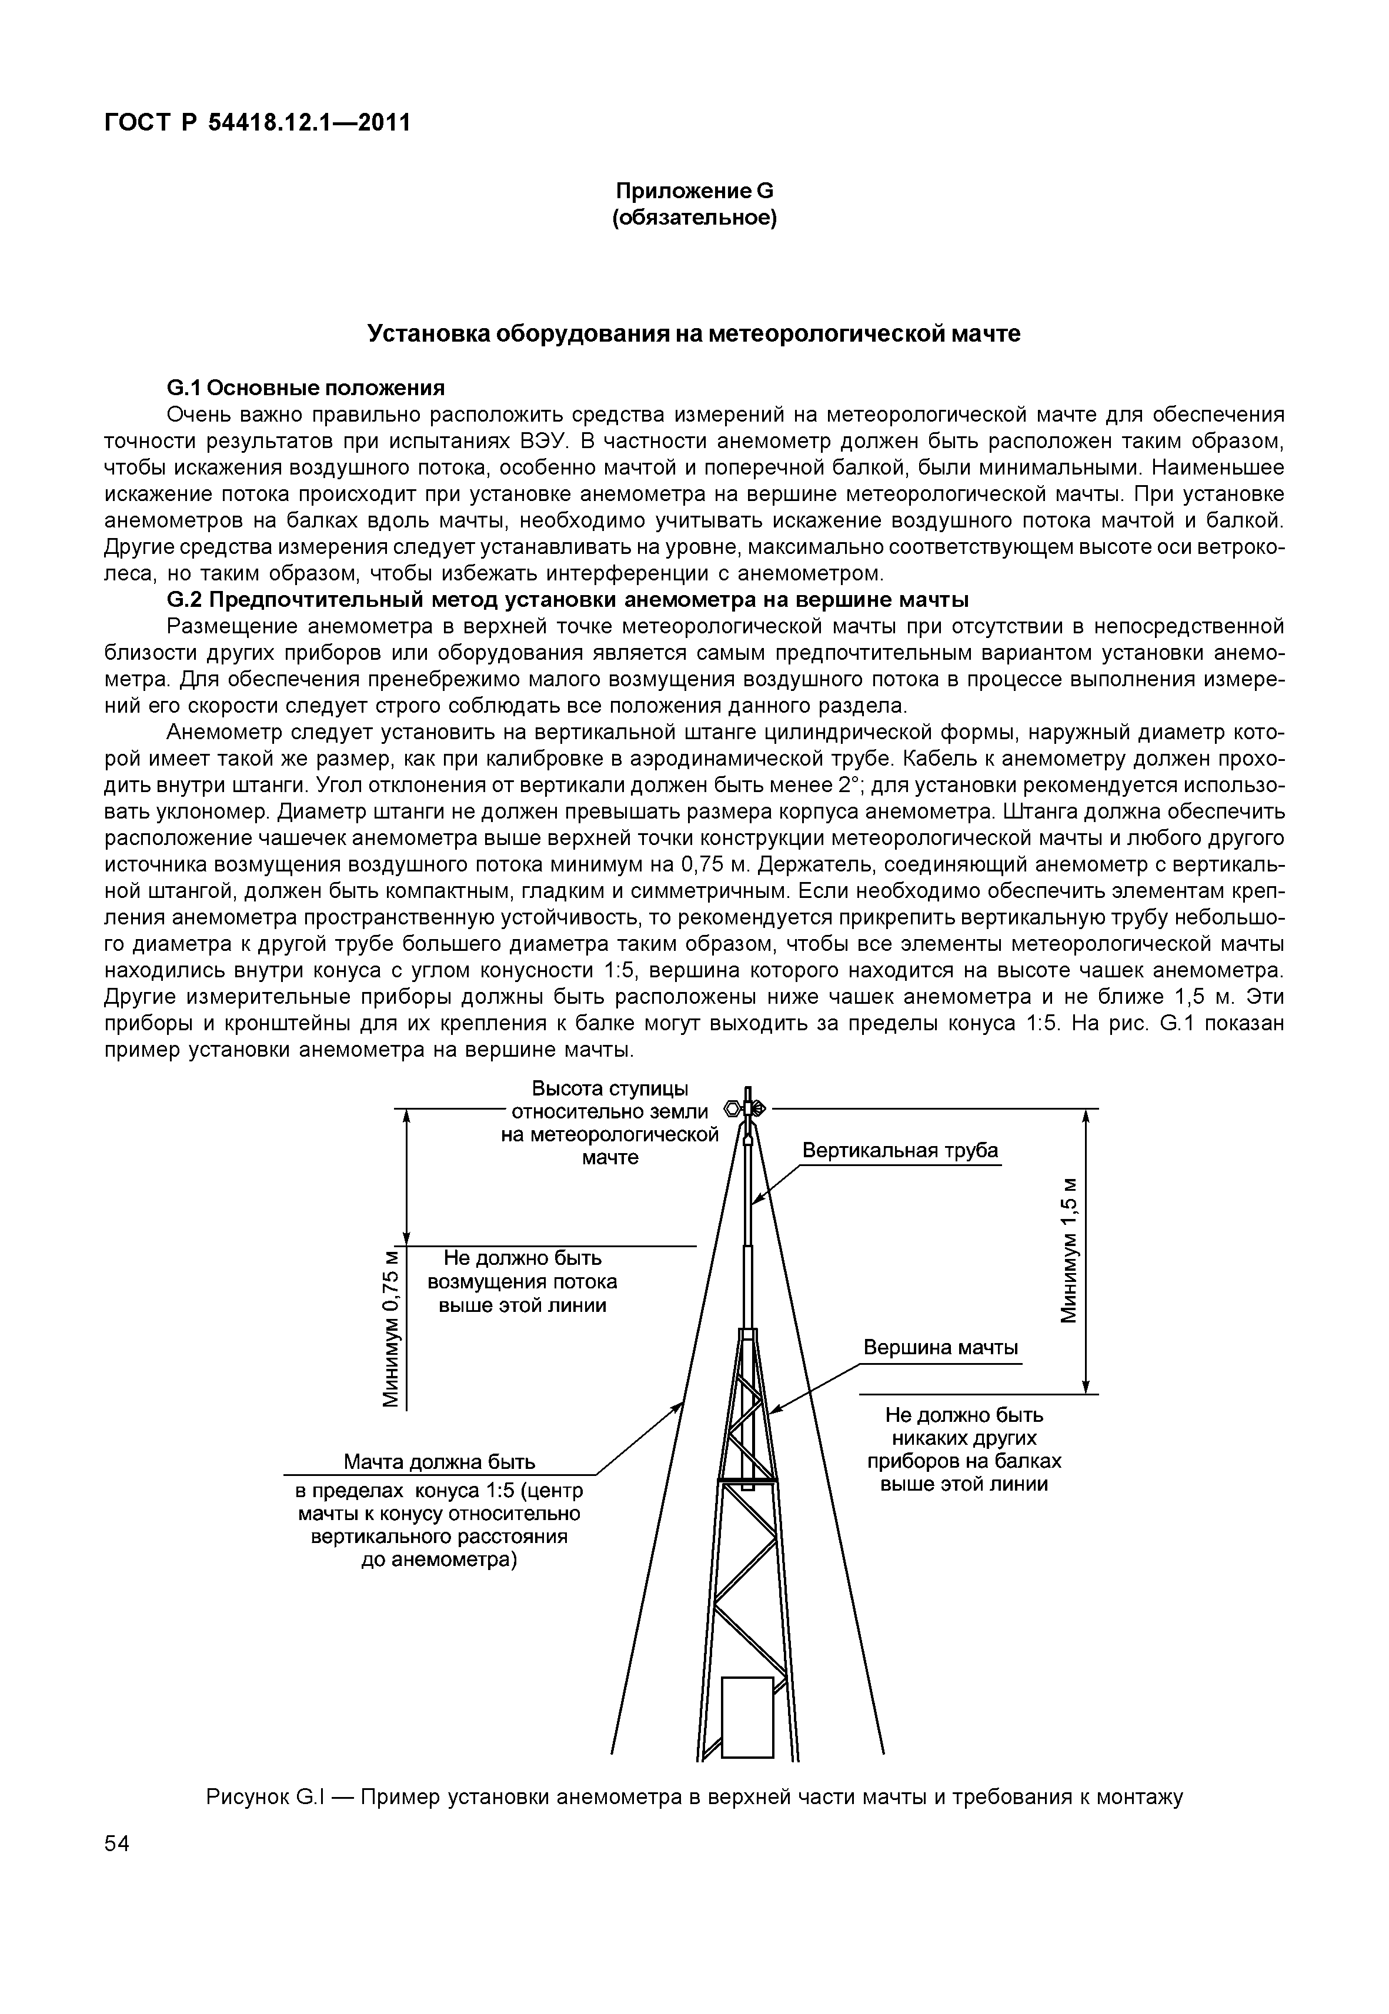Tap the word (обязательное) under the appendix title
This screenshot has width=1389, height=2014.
694,217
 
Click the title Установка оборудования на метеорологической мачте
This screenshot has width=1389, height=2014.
694,333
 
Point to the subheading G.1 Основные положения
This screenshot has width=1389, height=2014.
305,388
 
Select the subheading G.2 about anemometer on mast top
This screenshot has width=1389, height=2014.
567,600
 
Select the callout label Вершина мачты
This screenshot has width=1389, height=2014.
941,1348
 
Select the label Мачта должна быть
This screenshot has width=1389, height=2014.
439,1461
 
